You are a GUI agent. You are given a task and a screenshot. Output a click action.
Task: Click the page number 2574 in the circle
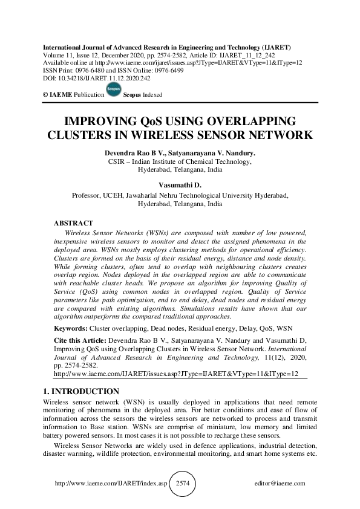(183, 484)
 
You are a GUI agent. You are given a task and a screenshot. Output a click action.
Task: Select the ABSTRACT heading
(73, 223)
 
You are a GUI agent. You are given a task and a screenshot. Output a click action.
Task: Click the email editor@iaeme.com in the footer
(281, 484)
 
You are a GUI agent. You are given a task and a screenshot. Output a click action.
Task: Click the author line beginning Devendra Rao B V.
(180, 154)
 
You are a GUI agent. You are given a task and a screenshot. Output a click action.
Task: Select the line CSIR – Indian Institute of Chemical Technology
(180, 161)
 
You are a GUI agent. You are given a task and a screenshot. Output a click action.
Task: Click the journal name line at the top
(166, 47)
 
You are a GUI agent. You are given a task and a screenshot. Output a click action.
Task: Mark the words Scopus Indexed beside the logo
(143, 96)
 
